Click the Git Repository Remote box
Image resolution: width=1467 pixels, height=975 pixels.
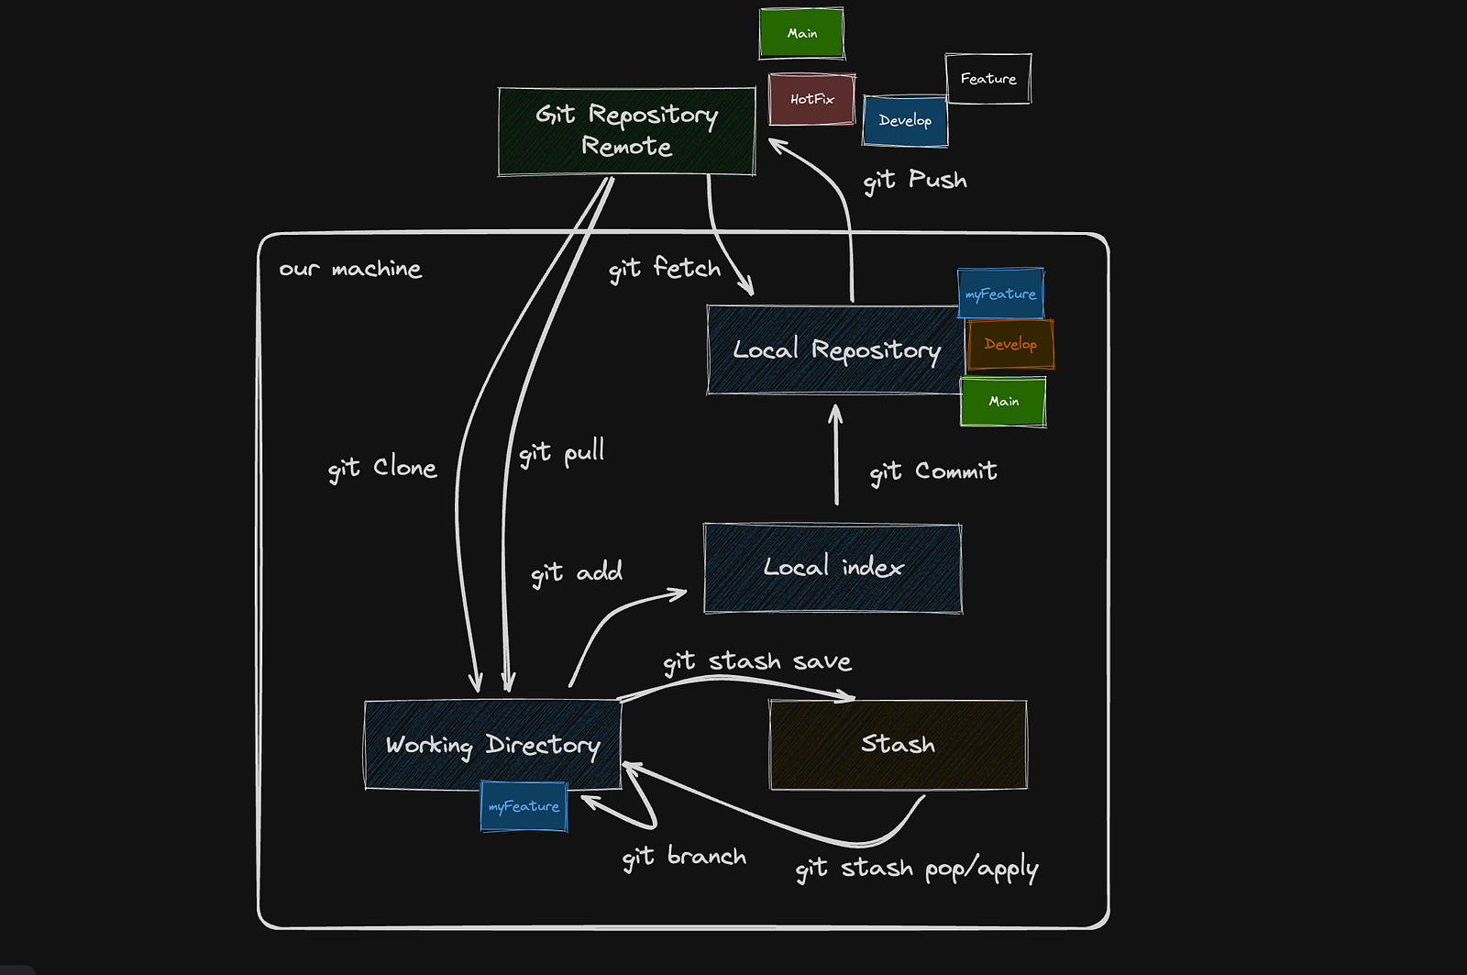(x=626, y=131)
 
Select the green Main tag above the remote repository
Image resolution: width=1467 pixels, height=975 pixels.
(x=801, y=34)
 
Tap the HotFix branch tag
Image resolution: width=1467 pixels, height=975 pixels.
(x=811, y=99)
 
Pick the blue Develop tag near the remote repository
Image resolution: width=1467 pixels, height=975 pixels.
(x=905, y=121)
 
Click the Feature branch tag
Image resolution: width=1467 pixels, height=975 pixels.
(x=987, y=79)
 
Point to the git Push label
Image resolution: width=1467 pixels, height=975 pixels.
(x=915, y=180)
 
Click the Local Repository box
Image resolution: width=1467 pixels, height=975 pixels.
(x=835, y=350)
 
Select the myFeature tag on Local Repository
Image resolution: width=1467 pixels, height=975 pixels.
(x=1000, y=294)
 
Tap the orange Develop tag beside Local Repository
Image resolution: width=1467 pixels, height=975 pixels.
(x=1009, y=344)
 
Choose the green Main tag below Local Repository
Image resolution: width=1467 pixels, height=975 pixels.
(x=1003, y=402)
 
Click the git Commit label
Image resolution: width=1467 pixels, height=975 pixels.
(x=932, y=471)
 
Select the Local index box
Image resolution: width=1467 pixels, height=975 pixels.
(x=833, y=568)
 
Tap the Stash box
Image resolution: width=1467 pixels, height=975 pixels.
(x=898, y=744)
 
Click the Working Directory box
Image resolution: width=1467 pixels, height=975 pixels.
(x=492, y=745)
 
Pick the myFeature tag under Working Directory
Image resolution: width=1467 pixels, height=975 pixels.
(x=524, y=806)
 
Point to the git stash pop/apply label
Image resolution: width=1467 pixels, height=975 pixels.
(x=916, y=868)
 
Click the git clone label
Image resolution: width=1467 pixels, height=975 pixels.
(x=382, y=469)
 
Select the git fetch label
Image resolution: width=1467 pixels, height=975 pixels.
(x=665, y=269)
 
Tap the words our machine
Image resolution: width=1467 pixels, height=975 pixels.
(x=350, y=269)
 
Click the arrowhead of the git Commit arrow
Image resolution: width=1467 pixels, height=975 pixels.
(x=835, y=411)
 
